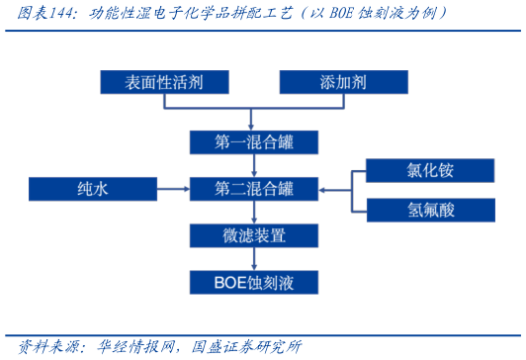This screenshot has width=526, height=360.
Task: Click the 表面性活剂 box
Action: tap(164, 82)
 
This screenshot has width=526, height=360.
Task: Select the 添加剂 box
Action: tap(343, 82)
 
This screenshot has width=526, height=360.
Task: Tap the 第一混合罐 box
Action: tap(254, 142)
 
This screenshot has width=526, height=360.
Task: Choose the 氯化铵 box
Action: tap(430, 170)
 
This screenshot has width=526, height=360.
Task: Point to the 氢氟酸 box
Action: tap(430, 210)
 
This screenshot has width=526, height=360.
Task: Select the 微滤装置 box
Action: tap(254, 235)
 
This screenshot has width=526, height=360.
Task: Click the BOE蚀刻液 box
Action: tap(254, 283)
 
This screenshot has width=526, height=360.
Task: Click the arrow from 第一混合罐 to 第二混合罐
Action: tap(254, 165)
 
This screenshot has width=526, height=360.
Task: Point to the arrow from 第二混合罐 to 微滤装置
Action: tap(254, 212)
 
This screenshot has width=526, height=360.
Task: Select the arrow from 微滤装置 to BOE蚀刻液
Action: tap(254, 259)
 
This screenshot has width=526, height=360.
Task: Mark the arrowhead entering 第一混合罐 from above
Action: tap(254, 127)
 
